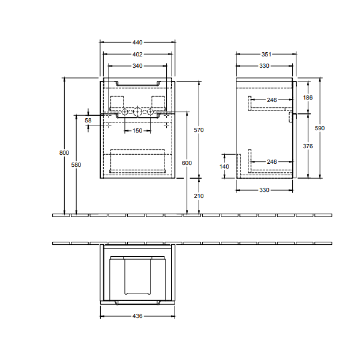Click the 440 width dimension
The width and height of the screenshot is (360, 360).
(137, 43)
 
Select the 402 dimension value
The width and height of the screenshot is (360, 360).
(137, 54)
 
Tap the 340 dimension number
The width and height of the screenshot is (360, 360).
(137, 65)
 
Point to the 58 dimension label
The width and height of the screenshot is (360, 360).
(88, 121)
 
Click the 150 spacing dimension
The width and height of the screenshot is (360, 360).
(137, 131)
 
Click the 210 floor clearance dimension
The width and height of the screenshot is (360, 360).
(200, 196)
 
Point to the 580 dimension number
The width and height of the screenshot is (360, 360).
(76, 165)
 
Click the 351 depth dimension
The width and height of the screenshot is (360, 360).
(266, 54)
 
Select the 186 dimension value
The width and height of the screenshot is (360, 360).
(307, 97)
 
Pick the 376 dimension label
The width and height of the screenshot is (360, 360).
(307, 146)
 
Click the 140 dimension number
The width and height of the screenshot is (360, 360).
(224, 166)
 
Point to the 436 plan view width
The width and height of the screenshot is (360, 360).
(137, 316)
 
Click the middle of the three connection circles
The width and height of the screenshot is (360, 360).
(137, 112)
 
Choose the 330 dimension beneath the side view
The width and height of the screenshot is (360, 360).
(264, 190)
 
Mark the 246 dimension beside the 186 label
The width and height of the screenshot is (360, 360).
(272, 100)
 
